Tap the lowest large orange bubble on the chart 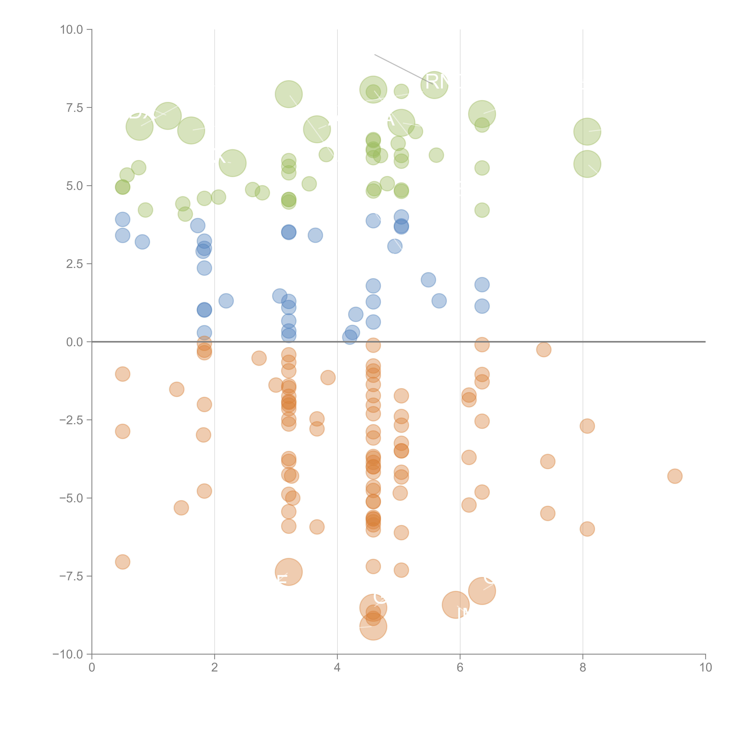pos(373,627)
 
